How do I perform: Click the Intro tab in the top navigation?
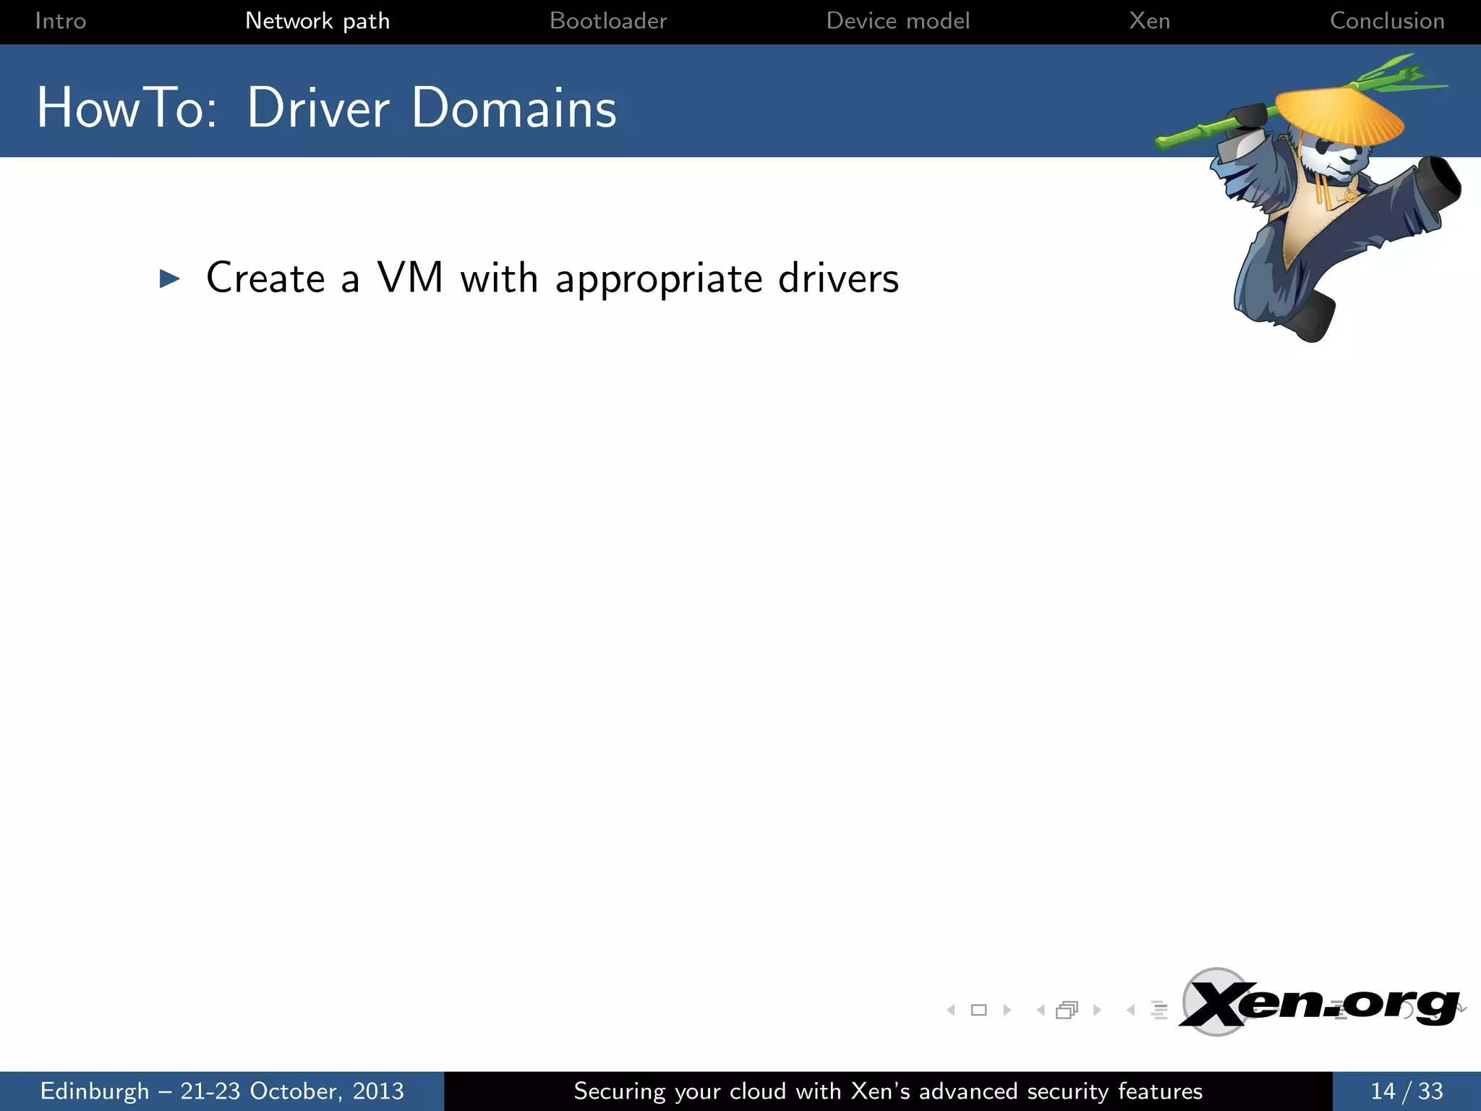pos(61,21)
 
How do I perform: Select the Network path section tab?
pos(317,21)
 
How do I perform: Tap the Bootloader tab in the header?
pos(608,21)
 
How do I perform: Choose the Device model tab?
pos(897,21)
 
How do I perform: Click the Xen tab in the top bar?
pos(1150,21)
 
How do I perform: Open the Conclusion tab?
pos(1387,21)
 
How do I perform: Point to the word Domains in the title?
pos(514,108)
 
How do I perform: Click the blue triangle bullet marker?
pos(170,278)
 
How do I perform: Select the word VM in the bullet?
pos(410,278)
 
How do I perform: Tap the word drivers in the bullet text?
pos(838,278)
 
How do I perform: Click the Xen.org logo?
pos(1319,1004)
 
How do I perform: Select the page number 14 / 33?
pos(1407,1091)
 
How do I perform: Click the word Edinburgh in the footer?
pos(95,1091)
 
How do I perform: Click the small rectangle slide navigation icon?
pos(978,1010)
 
